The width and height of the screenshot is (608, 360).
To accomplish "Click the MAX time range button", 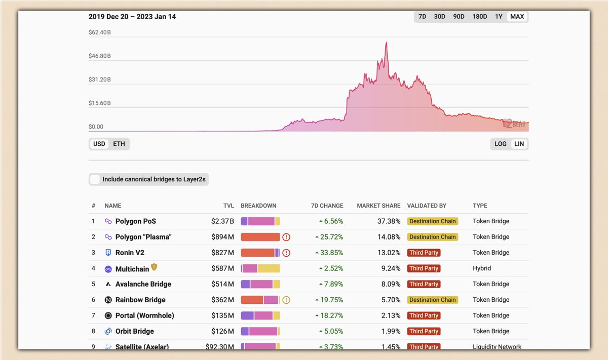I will (x=517, y=17).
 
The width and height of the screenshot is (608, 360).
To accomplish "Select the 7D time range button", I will (x=422, y=17).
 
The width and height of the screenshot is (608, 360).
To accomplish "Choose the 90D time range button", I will (x=459, y=17).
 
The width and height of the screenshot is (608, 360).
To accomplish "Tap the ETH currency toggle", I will (x=119, y=144).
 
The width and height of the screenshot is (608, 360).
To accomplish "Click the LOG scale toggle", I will (x=501, y=144).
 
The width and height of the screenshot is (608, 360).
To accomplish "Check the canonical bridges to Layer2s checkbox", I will (x=95, y=179).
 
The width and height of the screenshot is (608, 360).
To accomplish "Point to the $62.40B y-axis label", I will (x=100, y=32).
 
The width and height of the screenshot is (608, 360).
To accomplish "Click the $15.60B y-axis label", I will (x=100, y=103).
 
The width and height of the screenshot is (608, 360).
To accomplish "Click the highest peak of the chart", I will (x=386, y=43).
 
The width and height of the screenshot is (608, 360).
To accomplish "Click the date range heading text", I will (x=132, y=17).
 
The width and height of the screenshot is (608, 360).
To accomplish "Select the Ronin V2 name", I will (x=130, y=253).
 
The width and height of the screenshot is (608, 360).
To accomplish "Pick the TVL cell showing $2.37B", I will (x=222, y=221).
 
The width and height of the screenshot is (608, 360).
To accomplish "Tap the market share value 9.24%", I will (x=391, y=268).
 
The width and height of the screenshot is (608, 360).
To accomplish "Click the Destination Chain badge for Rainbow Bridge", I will (x=432, y=300).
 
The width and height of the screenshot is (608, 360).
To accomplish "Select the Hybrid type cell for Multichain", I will (x=482, y=268).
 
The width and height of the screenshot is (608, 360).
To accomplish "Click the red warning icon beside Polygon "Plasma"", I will (x=286, y=237).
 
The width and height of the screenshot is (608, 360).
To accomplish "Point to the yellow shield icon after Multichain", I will (x=154, y=267).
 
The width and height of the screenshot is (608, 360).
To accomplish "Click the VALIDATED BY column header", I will (x=427, y=206).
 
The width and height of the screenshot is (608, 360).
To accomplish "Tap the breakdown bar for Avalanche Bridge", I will (x=260, y=284).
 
